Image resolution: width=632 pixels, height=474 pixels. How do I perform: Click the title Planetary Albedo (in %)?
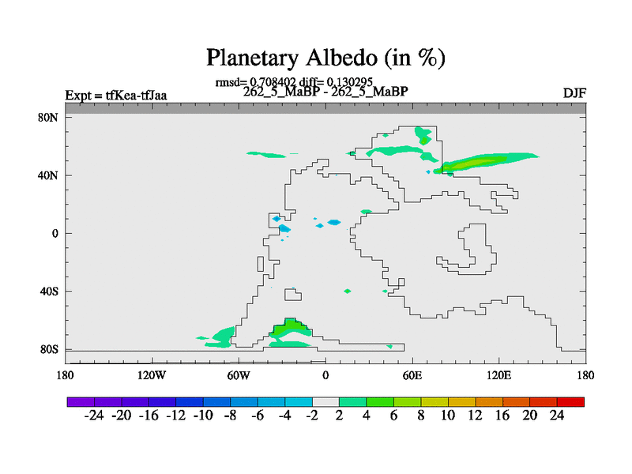pos(325,58)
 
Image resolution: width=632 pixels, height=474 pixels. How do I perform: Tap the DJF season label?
pos(574,93)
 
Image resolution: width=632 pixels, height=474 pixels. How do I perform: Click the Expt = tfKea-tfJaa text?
pos(116,96)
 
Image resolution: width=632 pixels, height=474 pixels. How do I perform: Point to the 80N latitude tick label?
pos(48,117)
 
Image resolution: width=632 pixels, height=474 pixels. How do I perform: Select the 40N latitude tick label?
pos(48,175)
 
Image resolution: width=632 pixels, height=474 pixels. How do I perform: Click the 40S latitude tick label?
pos(49,291)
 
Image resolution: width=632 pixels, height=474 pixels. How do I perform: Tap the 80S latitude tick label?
pos(49,349)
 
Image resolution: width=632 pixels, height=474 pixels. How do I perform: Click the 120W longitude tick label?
pos(152,376)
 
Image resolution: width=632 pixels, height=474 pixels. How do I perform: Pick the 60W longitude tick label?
pos(239,376)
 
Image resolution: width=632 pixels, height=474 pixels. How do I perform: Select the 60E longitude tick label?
pos(412,376)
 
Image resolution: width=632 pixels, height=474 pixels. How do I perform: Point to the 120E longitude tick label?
pos(499,376)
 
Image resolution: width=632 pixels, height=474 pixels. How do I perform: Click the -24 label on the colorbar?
pos(94,416)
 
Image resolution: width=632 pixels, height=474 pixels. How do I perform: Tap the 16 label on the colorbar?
pos(502,416)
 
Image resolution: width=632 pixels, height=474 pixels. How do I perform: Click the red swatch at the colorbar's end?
pos(570,402)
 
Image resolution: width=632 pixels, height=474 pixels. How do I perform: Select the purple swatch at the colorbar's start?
pos(81,402)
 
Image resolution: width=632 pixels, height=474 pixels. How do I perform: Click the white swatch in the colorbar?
pos(325,402)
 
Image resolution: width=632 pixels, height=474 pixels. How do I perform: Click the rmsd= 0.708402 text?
pos(255,82)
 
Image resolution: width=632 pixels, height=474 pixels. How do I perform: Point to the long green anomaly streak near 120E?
pos(486,162)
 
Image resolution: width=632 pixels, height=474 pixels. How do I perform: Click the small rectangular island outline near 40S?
pos(293,294)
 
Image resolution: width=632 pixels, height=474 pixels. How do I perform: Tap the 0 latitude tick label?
pos(55,233)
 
